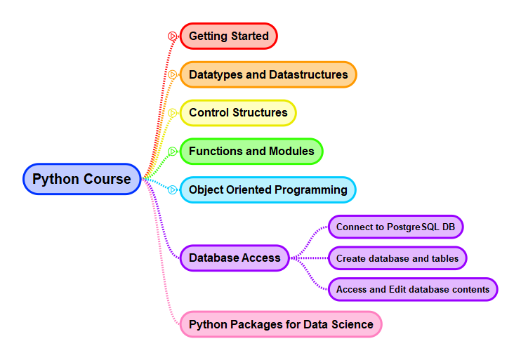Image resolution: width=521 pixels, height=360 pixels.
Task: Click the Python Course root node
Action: click(x=82, y=179)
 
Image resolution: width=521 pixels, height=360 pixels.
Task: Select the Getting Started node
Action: click(x=229, y=36)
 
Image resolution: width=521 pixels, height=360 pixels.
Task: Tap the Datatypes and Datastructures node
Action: click(x=268, y=74)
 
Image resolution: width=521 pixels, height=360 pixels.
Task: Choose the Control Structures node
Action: click(x=238, y=113)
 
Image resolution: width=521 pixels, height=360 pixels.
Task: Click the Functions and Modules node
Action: click(x=251, y=152)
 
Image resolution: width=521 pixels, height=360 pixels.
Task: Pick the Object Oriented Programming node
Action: click(x=268, y=190)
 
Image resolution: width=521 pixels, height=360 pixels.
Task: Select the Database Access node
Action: click(x=235, y=258)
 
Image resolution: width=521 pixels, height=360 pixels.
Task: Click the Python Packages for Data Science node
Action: click(x=281, y=324)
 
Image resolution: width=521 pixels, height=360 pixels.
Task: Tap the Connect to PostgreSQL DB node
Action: click(x=396, y=227)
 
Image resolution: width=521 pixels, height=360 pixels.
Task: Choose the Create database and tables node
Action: click(x=397, y=258)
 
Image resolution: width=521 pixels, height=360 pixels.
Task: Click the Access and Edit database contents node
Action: click(x=413, y=289)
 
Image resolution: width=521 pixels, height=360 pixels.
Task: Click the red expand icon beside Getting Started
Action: click(x=172, y=36)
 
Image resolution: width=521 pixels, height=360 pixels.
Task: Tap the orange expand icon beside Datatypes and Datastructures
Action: click(x=172, y=74)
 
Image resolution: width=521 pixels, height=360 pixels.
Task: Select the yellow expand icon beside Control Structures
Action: click(x=172, y=113)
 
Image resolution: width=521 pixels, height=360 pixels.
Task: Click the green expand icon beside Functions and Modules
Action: click(x=172, y=152)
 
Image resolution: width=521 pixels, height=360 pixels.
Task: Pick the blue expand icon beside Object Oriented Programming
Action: click(x=172, y=190)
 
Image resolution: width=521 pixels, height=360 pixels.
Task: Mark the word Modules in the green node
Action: click(x=291, y=152)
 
